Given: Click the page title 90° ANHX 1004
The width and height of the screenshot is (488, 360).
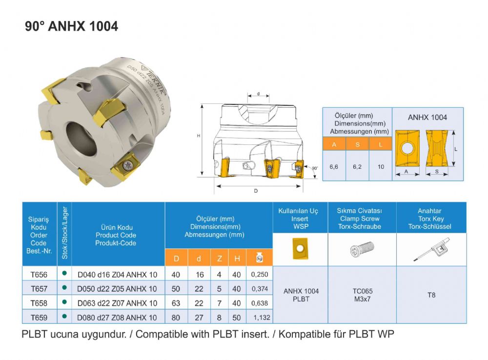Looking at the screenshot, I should (72, 26).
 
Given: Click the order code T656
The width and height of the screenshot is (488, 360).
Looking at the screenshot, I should (39, 274).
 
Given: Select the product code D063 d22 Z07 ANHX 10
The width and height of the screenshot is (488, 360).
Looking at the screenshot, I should (117, 303).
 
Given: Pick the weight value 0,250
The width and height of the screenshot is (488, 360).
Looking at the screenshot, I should (260, 274).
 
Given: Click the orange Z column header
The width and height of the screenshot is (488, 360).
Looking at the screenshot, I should (219, 258).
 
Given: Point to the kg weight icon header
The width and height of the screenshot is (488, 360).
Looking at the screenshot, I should (260, 258).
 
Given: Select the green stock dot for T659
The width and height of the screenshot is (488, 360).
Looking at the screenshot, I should (64, 317).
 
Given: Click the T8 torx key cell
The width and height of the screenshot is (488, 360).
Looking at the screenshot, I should (431, 295).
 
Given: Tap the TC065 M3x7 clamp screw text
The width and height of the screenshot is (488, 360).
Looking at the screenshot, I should (362, 295).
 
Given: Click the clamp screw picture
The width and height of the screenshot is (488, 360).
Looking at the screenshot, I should (362, 249).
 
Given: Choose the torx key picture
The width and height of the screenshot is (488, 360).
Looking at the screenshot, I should (431, 249).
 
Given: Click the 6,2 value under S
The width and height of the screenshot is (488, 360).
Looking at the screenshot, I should (357, 166).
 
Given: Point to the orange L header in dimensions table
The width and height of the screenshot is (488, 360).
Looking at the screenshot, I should (381, 144).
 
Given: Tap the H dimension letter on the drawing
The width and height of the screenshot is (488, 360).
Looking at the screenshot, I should (199, 136).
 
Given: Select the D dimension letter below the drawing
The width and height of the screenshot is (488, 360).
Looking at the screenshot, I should (256, 191).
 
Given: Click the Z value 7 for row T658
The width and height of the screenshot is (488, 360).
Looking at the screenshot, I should (219, 303).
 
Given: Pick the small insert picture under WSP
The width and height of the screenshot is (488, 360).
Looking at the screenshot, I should (300, 248).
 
